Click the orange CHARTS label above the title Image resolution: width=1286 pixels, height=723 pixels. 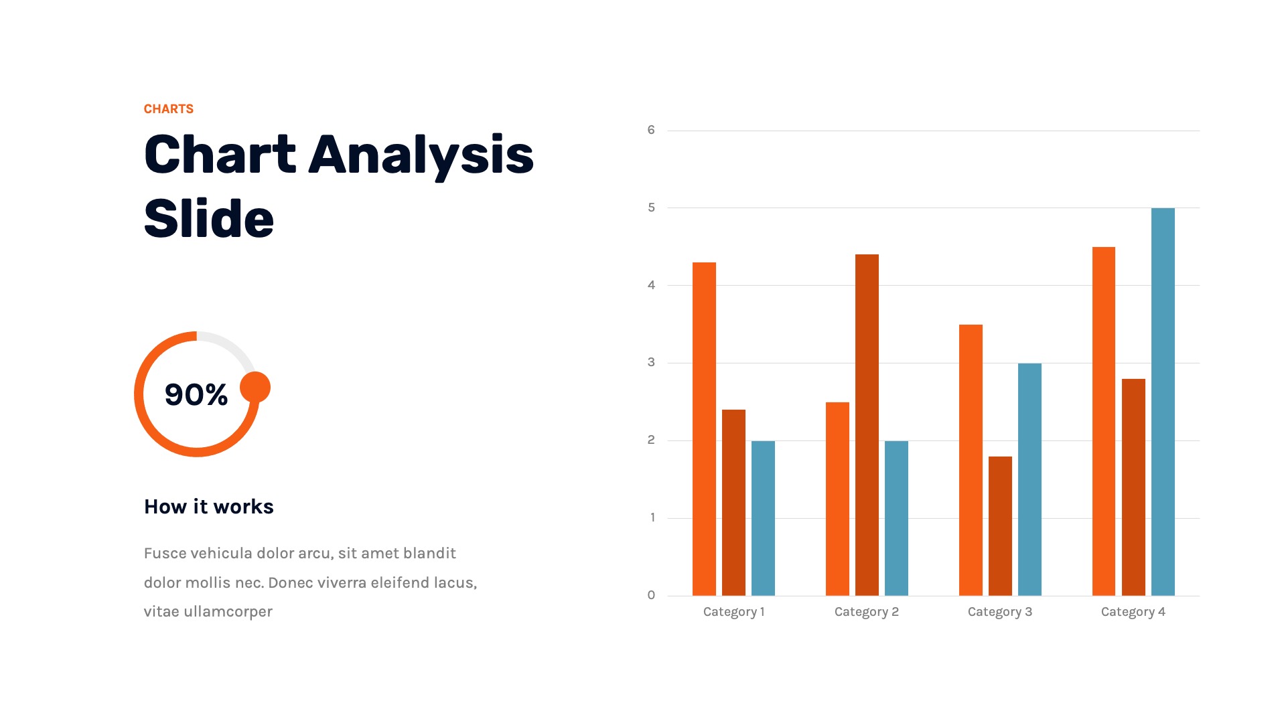(169, 109)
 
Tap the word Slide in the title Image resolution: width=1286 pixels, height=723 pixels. (209, 219)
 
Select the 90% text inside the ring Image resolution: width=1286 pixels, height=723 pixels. (196, 394)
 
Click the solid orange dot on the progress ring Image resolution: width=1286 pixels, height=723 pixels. (255, 387)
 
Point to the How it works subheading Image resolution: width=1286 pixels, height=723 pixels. (209, 507)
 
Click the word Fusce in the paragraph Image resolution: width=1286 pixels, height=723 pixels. (165, 553)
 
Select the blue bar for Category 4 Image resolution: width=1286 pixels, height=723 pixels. (1163, 402)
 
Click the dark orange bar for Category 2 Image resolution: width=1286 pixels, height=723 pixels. (867, 425)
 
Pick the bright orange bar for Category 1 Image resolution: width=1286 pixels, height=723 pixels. (704, 429)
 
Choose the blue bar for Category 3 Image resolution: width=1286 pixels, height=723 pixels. (1029, 479)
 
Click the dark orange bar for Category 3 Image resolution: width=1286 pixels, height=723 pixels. (1000, 526)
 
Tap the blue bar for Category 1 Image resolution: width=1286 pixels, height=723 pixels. (763, 518)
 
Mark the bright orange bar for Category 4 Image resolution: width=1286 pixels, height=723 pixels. (1104, 421)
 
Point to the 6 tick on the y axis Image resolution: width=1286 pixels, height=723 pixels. (651, 130)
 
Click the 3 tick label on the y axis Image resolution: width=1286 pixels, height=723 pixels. (651, 362)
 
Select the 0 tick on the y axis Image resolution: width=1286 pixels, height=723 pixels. (651, 595)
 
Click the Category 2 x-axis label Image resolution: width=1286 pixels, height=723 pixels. (867, 612)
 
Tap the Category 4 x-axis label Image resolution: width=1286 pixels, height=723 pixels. (1133, 612)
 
